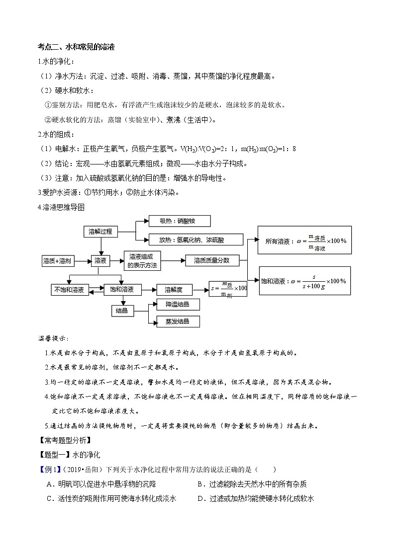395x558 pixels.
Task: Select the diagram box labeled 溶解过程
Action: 100,232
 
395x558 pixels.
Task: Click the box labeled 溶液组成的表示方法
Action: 142,260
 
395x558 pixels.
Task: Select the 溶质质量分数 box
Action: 211,260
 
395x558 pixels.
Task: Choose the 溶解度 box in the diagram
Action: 174,289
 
